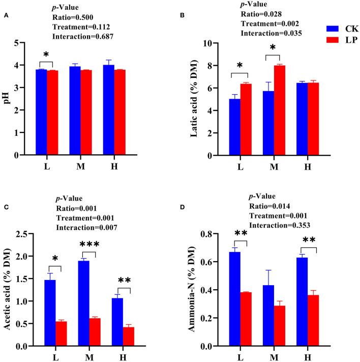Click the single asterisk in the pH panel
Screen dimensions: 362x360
pos(46,54)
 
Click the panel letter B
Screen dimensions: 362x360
pos(196,15)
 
